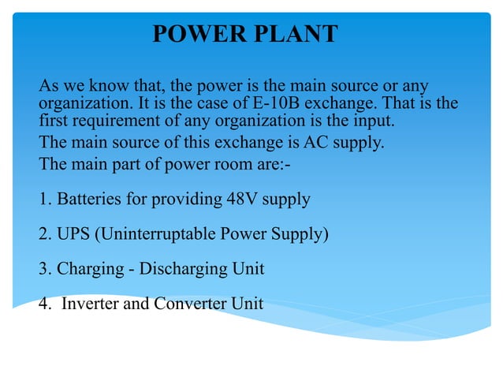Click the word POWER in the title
click(x=194, y=34)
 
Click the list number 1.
click(x=43, y=200)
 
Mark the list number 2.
click(x=43, y=234)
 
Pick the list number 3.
click(x=43, y=269)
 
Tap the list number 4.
click(x=43, y=304)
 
